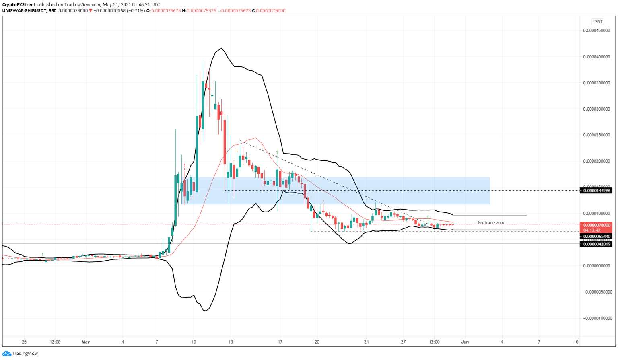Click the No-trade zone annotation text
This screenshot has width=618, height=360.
491,223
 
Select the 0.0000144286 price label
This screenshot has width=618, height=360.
595,191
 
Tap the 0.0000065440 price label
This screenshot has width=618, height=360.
595,237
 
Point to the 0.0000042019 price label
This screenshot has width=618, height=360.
595,244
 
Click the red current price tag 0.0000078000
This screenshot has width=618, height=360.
595,225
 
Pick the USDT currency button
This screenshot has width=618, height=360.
597,22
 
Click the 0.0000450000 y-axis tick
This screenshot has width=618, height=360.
596,31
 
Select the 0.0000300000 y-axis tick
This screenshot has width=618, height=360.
596,109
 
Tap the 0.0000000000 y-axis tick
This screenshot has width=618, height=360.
596,266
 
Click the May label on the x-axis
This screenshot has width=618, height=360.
86,342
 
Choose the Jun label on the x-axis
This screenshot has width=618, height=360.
465,342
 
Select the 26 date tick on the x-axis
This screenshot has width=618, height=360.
24,342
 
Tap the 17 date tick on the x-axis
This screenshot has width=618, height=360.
280,342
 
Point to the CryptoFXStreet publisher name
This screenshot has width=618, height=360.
19,5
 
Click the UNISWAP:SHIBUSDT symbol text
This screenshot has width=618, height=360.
24,11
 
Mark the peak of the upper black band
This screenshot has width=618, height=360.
221,49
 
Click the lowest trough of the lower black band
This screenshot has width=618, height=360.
205,311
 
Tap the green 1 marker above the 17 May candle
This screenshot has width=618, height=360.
277,152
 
